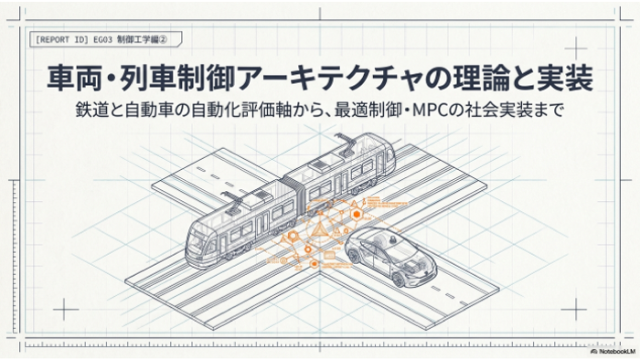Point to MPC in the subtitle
click(430, 111)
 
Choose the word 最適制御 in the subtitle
click(367, 111)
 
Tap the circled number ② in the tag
click(163, 39)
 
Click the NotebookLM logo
click(613, 351)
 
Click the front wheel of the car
click(398, 279)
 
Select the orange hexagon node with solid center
click(357, 215)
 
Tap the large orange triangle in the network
click(317, 231)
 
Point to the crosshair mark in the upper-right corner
click(575, 48)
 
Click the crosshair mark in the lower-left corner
click(65, 309)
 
